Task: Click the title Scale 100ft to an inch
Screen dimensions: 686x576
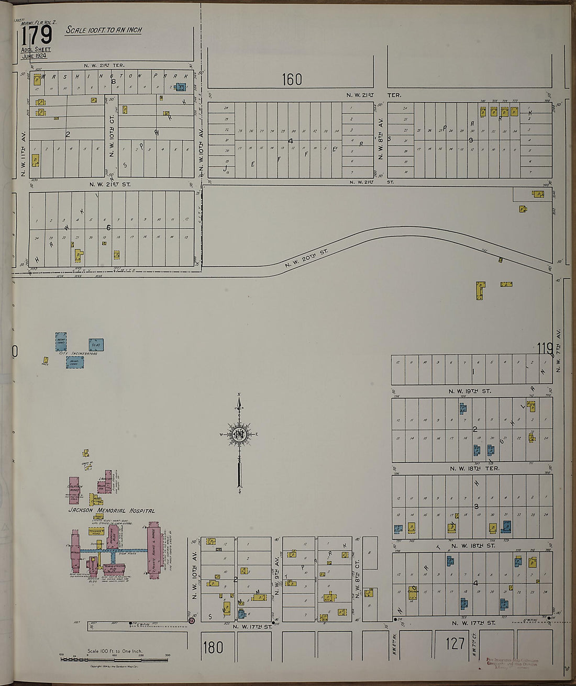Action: tap(104, 30)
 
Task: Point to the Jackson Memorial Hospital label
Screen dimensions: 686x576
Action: tap(111, 510)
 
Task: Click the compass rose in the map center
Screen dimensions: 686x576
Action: tap(239, 434)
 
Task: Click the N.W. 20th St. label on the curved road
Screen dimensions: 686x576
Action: tap(306, 258)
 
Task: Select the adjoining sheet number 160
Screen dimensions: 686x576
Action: tap(292, 80)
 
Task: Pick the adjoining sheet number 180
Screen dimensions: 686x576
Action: tap(212, 647)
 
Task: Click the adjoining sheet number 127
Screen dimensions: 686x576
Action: tap(455, 643)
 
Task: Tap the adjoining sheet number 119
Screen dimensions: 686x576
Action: tap(545, 347)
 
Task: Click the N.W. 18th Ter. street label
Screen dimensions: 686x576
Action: tap(474, 468)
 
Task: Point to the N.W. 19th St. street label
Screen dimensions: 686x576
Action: tap(470, 391)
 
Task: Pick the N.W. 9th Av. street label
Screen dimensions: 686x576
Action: tap(277, 576)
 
